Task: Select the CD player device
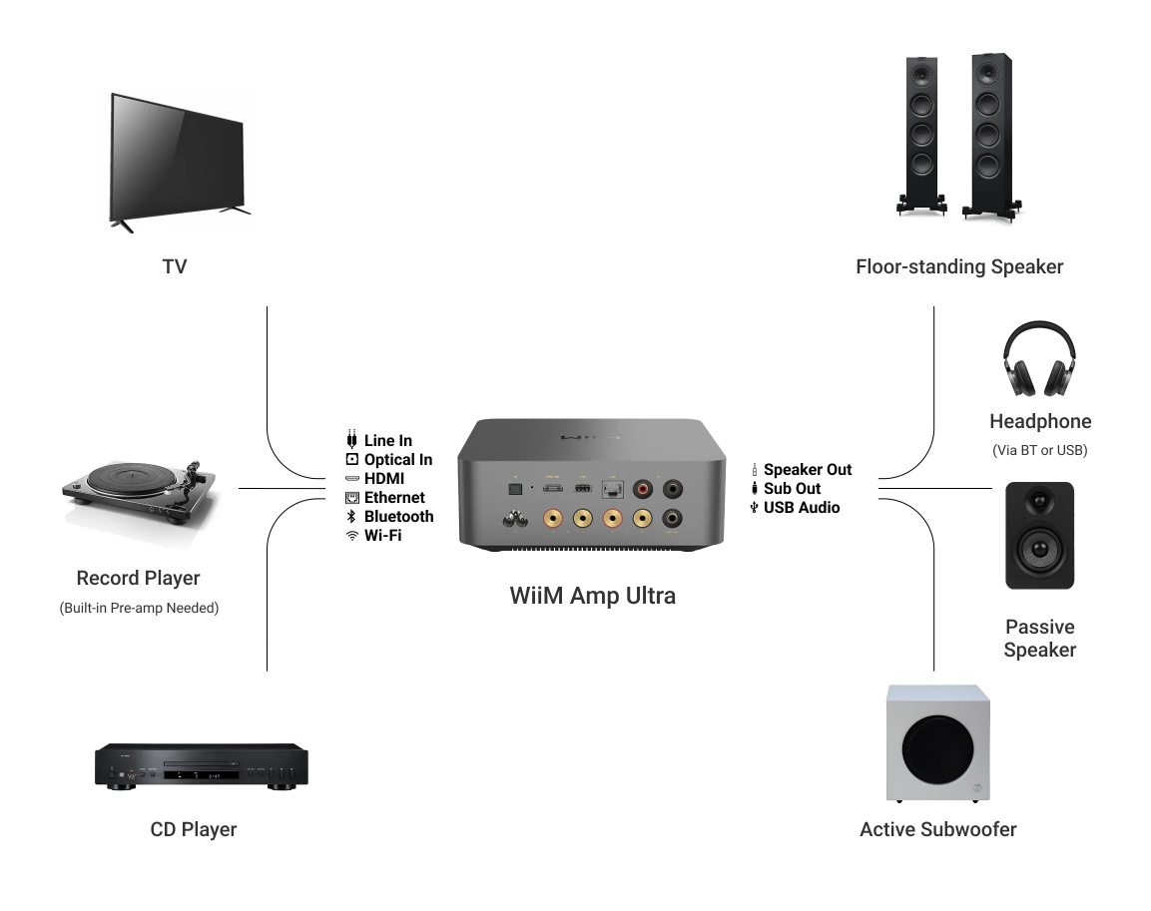point(201,766)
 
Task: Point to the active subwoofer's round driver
point(937,750)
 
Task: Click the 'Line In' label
point(387,441)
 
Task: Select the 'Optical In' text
point(397,460)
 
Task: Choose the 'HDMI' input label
point(383,479)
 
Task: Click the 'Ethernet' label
point(394,498)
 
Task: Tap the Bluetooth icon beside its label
point(351,517)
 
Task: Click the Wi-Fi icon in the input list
point(351,536)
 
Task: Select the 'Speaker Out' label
point(807,470)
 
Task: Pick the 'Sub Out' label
point(792,489)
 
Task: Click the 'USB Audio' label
point(801,508)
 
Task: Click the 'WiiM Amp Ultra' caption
point(592,596)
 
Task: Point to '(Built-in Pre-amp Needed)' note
point(139,608)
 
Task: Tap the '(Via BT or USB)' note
point(1039,450)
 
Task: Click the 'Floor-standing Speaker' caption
point(959,266)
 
